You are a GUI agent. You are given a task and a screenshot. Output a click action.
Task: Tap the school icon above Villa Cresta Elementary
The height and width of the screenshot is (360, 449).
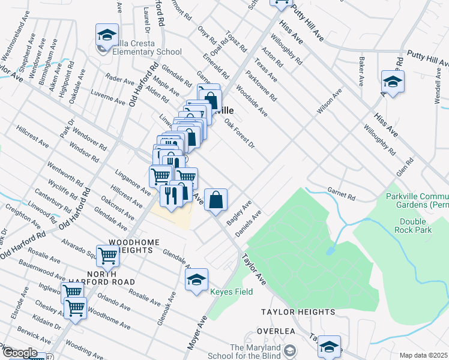point(107,35)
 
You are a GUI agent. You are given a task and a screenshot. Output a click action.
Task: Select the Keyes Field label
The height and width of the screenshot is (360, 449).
point(231,292)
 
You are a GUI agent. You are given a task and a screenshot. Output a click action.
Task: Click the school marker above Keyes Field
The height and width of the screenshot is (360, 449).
point(196,280)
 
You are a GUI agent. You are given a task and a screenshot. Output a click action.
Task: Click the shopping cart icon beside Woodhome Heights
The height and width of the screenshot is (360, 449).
point(108,256)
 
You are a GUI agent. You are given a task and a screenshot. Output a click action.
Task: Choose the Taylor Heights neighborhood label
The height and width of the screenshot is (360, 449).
point(298,312)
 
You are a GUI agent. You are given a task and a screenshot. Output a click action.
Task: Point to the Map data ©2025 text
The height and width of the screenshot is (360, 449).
point(424,355)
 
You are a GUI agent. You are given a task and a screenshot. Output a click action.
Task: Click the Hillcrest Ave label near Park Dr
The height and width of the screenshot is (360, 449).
point(32,136)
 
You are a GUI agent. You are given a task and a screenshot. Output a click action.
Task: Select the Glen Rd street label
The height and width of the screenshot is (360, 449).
point(405,167)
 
